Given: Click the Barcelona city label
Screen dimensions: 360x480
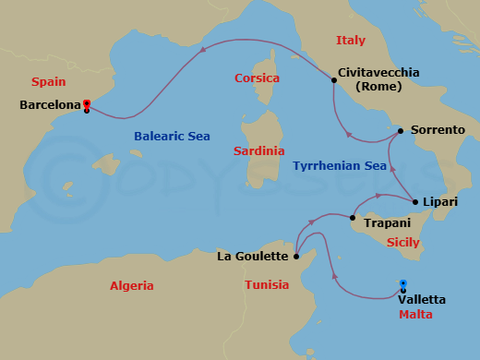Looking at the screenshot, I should pyautogui.click(x=49, y=105).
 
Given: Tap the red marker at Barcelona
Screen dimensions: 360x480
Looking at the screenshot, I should pyautogui.click(x=86, y=103).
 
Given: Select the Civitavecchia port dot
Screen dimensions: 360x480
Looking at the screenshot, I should pyautogui.click(x=333, y=80).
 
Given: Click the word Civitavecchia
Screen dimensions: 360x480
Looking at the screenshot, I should pyautogui.click(x=379, y=72).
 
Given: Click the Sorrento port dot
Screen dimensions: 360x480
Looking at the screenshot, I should pyautogui.click(x=400, y=131).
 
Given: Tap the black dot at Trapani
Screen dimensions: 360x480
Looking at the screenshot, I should pyautogui.click(x=354, y=218).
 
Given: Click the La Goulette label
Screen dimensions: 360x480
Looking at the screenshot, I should pyautogui.click(x=254, y=256).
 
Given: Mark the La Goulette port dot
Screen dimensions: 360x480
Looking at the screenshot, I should pyautogui.click(x=296, y=256).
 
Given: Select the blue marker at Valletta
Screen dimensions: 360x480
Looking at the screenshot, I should pyautogui.click(x=403, y=284).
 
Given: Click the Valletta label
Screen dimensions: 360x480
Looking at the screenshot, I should pyautogui.click(x=421, y=299).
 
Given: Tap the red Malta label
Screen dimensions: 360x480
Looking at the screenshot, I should pyautogui.click(x=415, y=315).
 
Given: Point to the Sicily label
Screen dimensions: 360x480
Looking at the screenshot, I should pyautogui.click(x=402, y=243).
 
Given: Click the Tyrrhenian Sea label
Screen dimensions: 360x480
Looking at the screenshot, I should pyautogui.click(x=339, y=166).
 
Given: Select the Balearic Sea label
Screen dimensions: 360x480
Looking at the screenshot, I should pyautogui.click(x=172, y=136).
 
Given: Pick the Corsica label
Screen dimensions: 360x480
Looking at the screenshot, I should pyautogui.click(x=258, y=78).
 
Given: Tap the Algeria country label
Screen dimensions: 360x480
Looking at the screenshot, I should pyautogui.click(x=132, y=285).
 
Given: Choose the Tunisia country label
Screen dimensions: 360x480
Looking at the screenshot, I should pyautogui.click(x=268, y=285).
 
